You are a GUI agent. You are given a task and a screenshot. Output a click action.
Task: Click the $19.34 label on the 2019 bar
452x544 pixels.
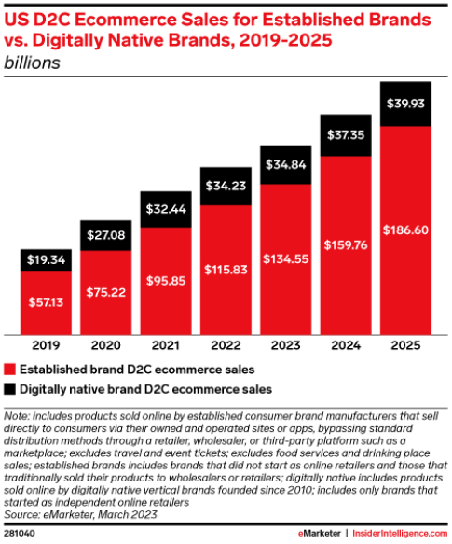(46, 259)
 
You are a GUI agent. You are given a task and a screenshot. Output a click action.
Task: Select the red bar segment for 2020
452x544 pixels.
(105, 292)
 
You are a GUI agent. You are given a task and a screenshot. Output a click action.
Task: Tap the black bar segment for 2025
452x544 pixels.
(405, 105)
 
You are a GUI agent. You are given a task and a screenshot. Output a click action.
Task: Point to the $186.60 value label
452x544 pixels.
(405, 230)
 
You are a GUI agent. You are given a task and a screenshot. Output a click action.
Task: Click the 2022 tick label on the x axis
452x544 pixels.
(226, 345)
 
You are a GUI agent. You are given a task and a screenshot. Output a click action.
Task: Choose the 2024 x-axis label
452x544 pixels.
(346, 345)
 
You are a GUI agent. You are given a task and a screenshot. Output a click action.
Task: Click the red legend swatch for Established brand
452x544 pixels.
(9, 370)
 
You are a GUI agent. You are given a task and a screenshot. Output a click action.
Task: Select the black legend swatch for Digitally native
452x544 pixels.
(9, 389)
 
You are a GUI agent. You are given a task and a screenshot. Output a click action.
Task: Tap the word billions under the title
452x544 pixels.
(32, 63)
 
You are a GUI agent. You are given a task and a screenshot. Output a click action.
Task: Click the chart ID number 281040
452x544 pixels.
(20, 534)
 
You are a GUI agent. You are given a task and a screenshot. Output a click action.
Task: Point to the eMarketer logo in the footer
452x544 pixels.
(320, 533)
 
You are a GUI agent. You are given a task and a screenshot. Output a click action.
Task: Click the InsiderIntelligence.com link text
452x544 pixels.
(400, 533)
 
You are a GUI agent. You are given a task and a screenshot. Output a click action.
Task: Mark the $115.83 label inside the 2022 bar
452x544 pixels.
(226, 270)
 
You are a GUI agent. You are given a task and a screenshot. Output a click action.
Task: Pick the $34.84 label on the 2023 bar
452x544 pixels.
(285, 164)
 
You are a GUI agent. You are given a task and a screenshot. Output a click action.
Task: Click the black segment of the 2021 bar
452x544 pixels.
(166, 210)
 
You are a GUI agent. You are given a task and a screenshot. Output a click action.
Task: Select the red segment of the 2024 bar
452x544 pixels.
(346, 245)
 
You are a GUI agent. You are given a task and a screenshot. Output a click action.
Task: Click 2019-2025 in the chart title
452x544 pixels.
(285, 40)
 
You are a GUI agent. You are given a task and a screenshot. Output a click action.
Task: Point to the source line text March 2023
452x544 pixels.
(127, 514)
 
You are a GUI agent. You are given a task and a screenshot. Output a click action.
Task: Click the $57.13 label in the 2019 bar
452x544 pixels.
(46, 302)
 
